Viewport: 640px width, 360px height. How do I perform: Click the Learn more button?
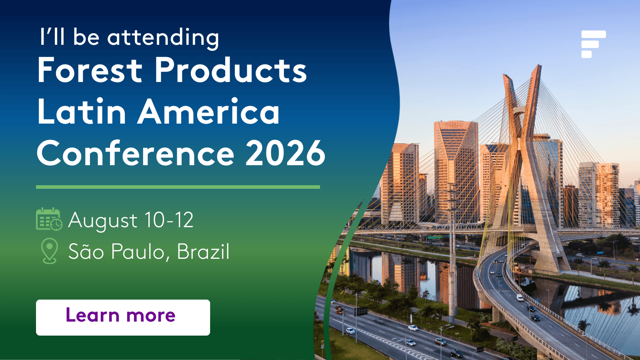pos(123,318)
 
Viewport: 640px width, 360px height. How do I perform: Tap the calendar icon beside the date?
pos(49,219)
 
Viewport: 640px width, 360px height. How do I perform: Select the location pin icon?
pos(50,251)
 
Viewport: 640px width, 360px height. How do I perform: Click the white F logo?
pos(593,44)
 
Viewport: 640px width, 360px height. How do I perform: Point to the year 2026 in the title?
pos(285,153)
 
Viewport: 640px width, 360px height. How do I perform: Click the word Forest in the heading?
pos(90,70)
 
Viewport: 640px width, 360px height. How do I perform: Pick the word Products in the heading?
pos(231,70)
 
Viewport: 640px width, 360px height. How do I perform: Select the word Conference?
pos(136,153)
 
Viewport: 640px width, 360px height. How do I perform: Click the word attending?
pos(163,38)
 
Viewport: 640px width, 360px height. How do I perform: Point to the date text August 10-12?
pos(131,220)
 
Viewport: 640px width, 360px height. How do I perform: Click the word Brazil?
pos(203,251)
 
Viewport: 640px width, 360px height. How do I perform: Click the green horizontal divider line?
pos(178,187)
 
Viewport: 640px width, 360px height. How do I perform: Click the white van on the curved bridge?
pos(520,298)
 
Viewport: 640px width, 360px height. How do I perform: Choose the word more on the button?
pos(151,316)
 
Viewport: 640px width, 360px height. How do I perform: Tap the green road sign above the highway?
pos(435,237)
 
